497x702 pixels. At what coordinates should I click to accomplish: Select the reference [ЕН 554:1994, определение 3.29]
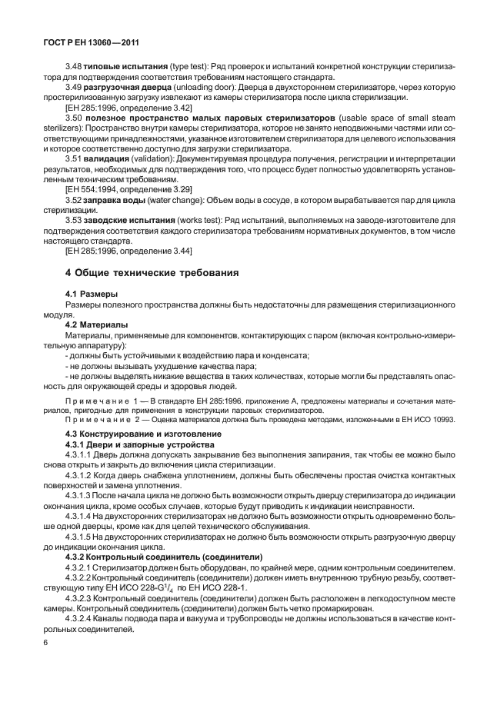(x=128, y=188)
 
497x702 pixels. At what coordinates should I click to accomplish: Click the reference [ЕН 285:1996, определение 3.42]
(x=128, y=108)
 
